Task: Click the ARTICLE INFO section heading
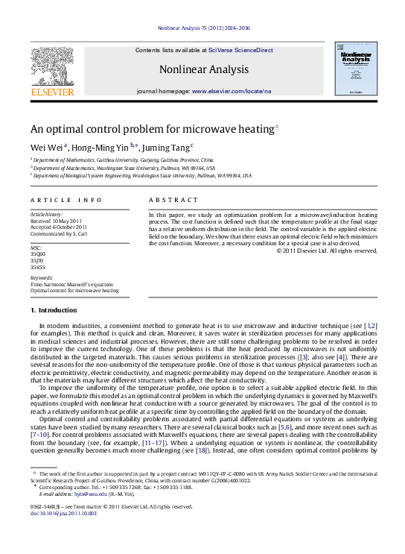pos(66,201)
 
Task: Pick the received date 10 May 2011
pos(66,221)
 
